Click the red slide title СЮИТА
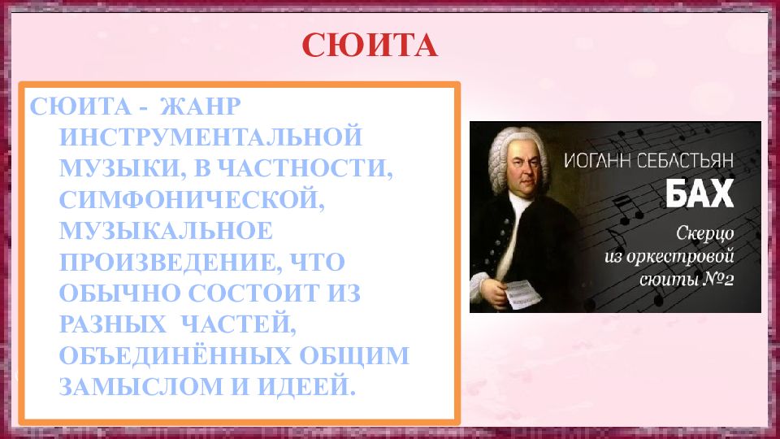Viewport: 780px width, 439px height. click(370, 46)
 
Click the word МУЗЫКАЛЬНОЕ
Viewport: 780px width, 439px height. click(166, 231)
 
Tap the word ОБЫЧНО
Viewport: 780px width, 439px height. click(111, 293)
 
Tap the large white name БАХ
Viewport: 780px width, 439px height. click(700, 193)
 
